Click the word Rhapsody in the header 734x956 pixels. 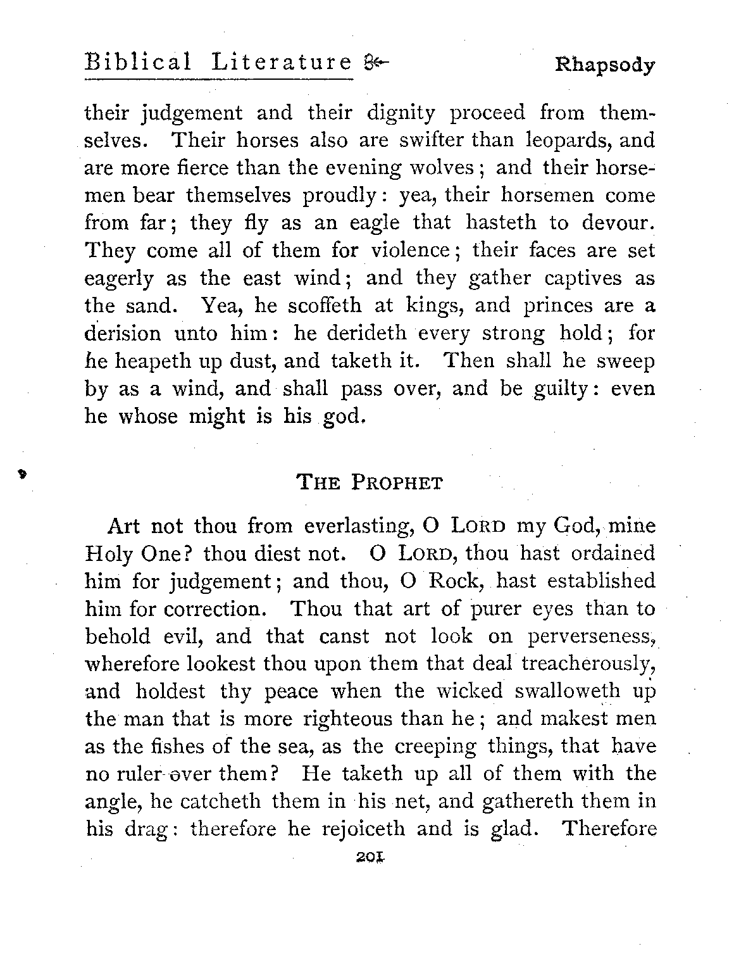(604, 65)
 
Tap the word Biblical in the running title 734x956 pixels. (138, 63)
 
